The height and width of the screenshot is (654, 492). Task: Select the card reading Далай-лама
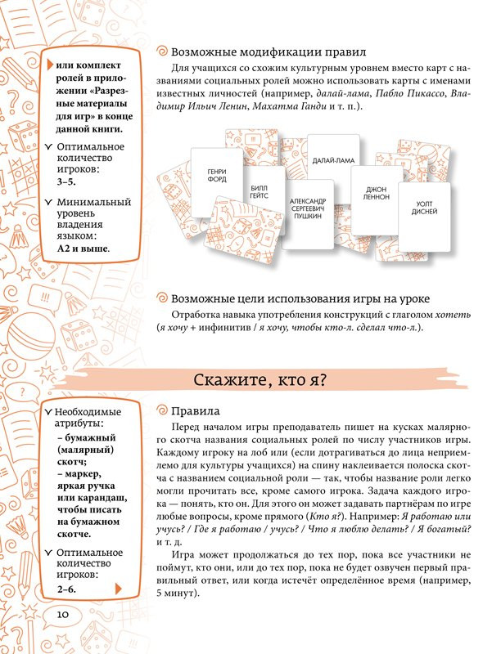[332, 161]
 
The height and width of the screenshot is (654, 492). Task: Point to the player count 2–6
[66, 587]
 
